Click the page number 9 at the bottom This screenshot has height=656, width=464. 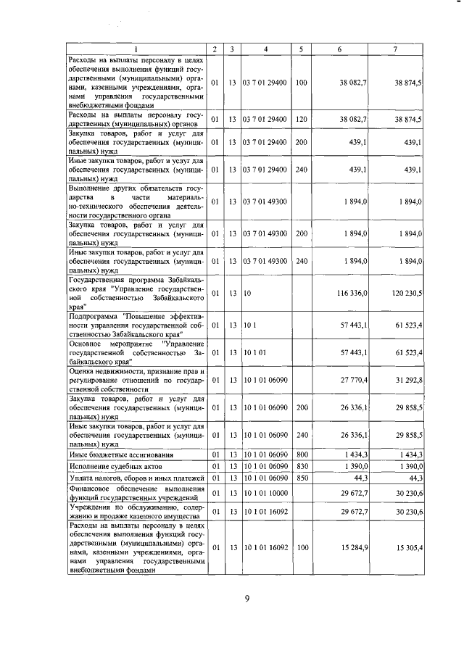246,599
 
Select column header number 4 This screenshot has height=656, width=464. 266,49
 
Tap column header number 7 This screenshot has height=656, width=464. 394,49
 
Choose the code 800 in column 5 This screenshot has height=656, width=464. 302,454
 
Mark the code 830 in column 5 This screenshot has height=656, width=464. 302,467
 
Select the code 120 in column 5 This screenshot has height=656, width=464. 302,118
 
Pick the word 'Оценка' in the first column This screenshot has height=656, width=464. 81,370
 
